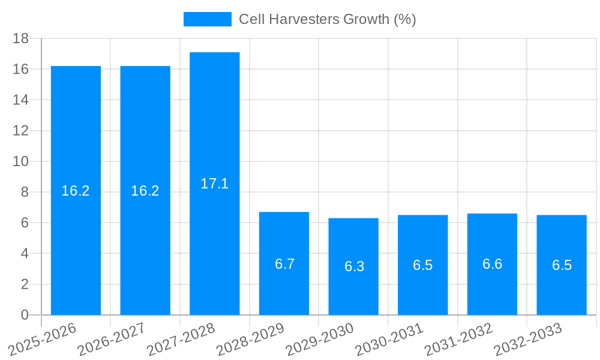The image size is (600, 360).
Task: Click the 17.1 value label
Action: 215,184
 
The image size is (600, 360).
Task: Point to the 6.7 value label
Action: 284,264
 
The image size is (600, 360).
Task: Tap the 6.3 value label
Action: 354,266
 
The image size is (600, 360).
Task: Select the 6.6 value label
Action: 492,264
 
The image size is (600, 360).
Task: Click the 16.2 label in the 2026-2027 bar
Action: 145,191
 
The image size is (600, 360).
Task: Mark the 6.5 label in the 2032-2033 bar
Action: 562,265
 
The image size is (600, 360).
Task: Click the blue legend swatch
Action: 207,19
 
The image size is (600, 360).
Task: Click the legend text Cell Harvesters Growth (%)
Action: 327,19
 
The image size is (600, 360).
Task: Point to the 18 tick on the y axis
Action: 21,38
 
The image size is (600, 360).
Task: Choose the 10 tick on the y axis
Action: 21,161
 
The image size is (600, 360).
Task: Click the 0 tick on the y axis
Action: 25,315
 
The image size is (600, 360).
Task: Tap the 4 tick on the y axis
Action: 25,253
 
